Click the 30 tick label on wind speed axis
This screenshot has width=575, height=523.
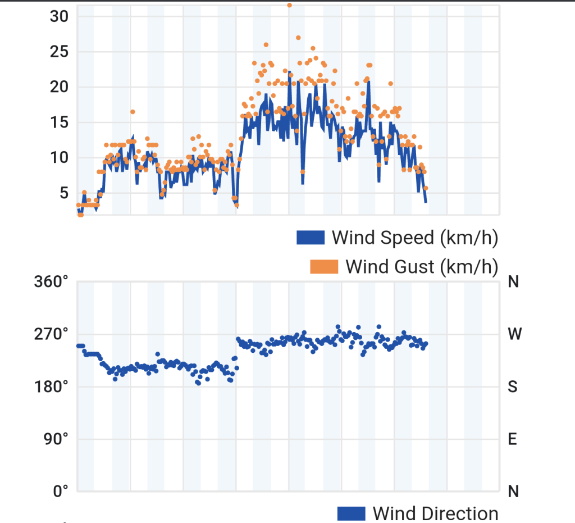[59, 16]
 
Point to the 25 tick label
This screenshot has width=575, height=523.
[59, 52]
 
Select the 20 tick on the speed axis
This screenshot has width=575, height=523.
[59, 87]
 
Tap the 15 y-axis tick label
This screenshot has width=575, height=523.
[59, 122]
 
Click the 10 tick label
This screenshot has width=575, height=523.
[59, 158]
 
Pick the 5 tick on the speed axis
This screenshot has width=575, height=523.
[64, 193]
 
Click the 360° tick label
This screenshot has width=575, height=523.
[51, 282]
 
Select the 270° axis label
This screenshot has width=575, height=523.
[51, 334]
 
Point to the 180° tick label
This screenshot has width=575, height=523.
[51, 387]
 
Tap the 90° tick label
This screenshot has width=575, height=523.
[56, 439]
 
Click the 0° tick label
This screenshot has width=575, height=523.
[61, 491]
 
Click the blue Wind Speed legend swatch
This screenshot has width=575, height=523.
[311, 237]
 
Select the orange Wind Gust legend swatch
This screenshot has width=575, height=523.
[324, 267]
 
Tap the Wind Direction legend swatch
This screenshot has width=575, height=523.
[352, 513]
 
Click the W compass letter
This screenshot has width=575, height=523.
[514, 334]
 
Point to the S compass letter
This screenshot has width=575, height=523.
[513, 387]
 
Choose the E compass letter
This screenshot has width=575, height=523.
[512, 439]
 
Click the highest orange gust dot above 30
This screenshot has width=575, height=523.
[289, 5]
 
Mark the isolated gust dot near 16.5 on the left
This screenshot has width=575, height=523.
[133, 112]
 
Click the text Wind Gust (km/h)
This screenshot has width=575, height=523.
[422, 267]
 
